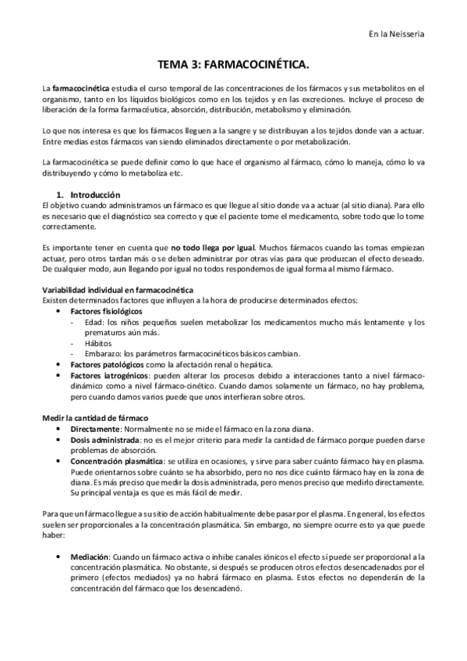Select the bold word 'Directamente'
click(x=95, y=429)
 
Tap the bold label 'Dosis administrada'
click(x=107, y=440)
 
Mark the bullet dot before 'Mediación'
click(x=60, y=557)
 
